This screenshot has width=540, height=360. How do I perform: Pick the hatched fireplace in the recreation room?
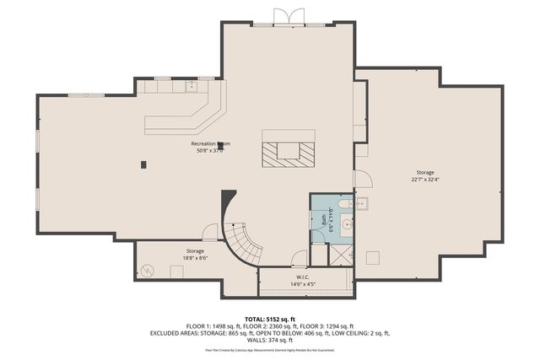point(288,156)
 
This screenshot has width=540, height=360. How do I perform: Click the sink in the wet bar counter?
point(191,84)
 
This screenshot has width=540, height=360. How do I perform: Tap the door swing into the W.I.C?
point(298,260)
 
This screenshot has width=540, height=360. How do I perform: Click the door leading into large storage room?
point(361,179)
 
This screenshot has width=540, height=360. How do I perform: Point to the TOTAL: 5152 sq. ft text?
point(270,320)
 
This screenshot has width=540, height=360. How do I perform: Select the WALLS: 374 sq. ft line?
point(270,340)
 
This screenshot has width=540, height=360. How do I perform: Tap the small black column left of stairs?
point(143,164)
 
